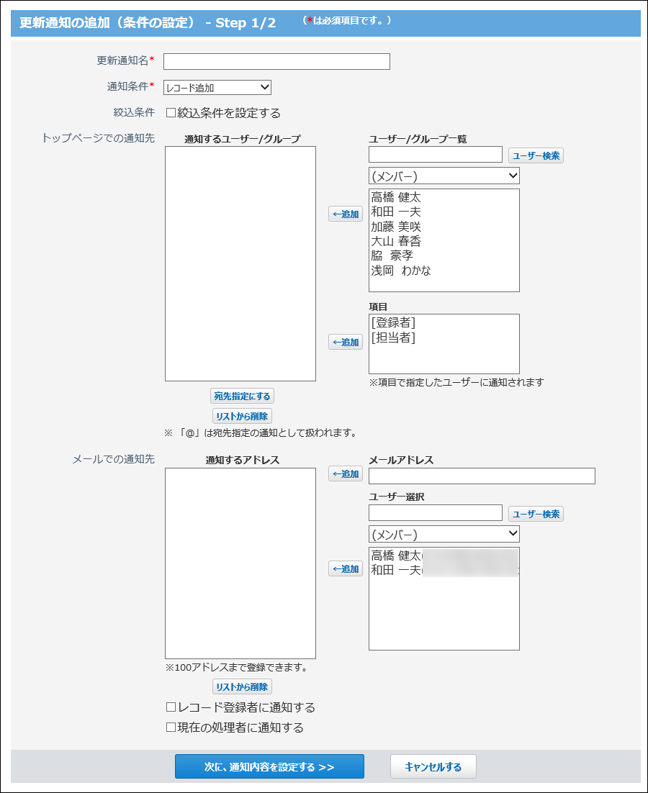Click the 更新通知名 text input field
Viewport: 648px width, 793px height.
(276, 61)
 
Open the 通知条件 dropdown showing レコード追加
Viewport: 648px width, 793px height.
(217, 88)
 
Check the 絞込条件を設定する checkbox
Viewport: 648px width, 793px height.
(171, 113)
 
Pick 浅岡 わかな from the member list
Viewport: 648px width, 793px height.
(401, 271)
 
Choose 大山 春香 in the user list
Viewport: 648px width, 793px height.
(396, 241)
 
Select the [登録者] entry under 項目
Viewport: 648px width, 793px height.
(393, 323)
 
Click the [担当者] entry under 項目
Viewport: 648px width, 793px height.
(393, 337)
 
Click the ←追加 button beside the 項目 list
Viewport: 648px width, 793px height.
(346, 343)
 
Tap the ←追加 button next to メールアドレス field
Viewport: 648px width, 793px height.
(346, 474)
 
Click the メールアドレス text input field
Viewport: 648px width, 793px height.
(482, 476)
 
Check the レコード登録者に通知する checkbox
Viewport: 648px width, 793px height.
(171, 708)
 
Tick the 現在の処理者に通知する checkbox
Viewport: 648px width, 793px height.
(171, 728)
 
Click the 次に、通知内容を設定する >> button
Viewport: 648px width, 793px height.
(269, 767)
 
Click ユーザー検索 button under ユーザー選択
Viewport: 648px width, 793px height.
(536, 514)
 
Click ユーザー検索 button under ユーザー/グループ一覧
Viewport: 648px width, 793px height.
(536, 155)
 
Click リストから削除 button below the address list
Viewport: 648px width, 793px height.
(242, 687)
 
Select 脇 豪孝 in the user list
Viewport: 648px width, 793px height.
(392, 255)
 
